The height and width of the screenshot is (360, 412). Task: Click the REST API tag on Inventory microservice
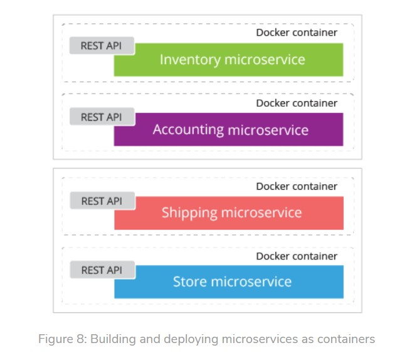pyautogui.click(x=101, y=46)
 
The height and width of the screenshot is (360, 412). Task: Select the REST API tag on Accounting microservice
pyautogui.click(x=101, y=117)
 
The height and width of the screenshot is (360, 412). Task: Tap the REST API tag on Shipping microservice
pyautogui.click(x=101, y=201)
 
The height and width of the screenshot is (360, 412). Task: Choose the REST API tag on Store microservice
pyautogui.click(x=101, y=270)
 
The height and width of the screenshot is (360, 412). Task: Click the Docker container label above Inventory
pyautogui.click(x=297, y=33)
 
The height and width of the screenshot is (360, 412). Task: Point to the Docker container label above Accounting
pyautogui.click(x=297, y=103)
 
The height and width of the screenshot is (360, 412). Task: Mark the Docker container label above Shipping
pyautogui.click(x=297, y=187)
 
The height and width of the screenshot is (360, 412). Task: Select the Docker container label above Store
pyautogui.click(x=297, y=256)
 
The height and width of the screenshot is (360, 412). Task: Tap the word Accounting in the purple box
pyautogui.click(x=188, y=130)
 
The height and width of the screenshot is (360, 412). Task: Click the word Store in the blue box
pyautogui.click(x=190, y=281)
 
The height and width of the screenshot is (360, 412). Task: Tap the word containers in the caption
pyautogui.click(x=344, y=339)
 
